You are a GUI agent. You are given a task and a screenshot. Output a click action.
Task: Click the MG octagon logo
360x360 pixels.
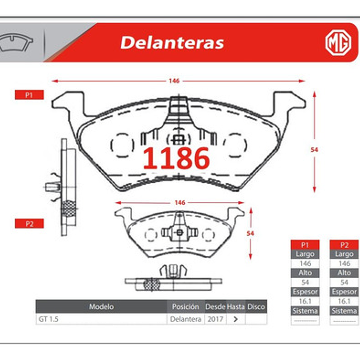click(338, 43)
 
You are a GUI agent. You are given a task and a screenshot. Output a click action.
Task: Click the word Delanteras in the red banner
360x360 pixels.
click(171, 43)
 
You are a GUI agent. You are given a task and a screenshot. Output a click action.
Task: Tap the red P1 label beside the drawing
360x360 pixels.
click(29, 95)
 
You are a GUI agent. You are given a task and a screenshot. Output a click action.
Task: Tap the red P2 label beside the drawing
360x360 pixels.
click(29, 224)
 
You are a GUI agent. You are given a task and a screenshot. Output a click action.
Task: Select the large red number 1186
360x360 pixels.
click(176, 158)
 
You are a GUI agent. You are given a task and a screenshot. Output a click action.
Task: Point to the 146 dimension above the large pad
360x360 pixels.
click(174, 81)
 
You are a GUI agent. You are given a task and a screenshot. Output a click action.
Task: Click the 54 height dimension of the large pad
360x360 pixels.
click(314, 150)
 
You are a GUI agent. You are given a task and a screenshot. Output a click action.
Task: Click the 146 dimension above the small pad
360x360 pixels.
click(180, 203)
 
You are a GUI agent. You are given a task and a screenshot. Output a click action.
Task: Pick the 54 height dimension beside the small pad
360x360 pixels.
click(251, 234)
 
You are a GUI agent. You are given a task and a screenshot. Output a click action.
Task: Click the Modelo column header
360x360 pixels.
click(101, 307)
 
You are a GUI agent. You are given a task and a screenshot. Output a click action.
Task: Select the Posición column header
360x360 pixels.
click(185, 307)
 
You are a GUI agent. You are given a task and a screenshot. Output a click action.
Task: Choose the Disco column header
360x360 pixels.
click(256, 307)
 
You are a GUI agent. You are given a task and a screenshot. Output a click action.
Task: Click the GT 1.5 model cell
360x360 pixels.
click(48, 319)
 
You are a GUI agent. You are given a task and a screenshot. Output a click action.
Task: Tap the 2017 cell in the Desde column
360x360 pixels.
click(215, 319)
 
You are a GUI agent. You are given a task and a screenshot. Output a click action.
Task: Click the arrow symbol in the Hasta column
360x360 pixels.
click(235, 319)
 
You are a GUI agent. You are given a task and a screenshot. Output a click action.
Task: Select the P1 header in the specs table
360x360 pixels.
click(305, 245)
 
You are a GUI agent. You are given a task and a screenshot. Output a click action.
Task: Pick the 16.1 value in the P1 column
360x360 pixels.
click(305, 301)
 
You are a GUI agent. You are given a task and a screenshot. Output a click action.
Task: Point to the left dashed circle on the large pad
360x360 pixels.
click(119, 143)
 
